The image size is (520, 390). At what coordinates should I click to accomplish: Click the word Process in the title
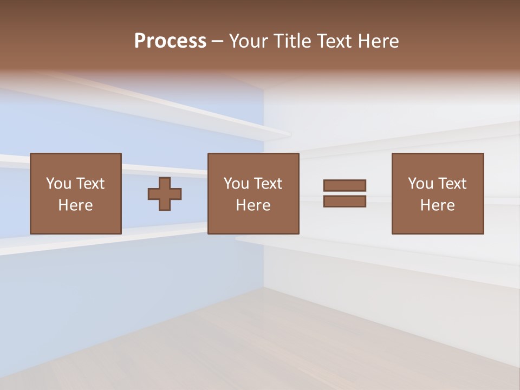pyautogui.click(x=170, y=41)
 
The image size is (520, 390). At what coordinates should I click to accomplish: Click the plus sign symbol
pyautogui.click(x=165, y=193)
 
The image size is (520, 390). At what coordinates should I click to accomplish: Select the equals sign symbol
pyautogui.click(x=344, y=193)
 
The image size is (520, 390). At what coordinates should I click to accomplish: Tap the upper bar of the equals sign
pyautogui.click(x=344, y=186)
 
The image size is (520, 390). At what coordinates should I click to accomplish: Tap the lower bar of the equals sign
pyautogui.click(x=344, y=201)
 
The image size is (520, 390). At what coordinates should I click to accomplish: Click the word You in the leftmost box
pyautogui.click(x=58, y=184)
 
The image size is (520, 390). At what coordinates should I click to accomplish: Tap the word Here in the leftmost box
pyautogui.click(x=76, y=205)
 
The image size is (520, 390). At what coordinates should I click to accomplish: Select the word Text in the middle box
pyautogui.click(x=268, y=184)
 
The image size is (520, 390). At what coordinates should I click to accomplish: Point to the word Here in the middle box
pyautogui.click(x=253, y=205)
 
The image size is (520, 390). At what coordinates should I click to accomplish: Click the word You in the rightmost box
pyautogui.click(x=420, y=184)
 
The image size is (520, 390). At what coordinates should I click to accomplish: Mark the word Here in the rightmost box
pyautogui.click(x=438, y=205)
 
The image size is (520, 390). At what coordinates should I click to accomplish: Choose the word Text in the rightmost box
pyautogui.click(x=452, y=184)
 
